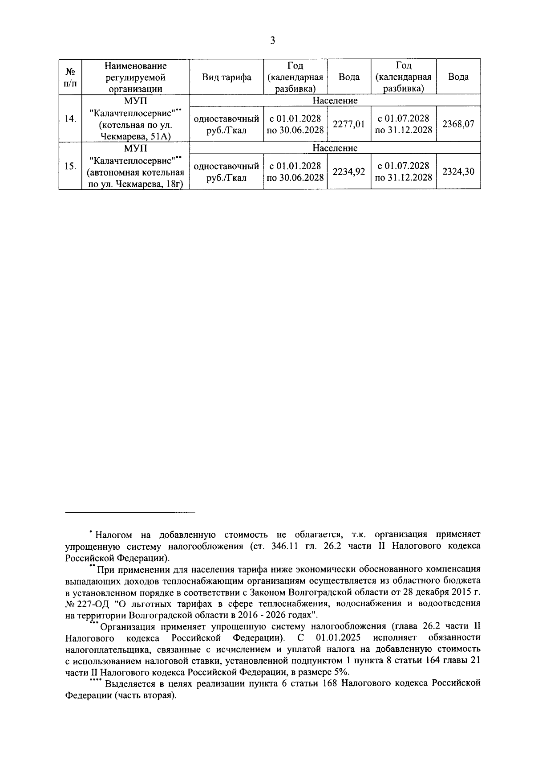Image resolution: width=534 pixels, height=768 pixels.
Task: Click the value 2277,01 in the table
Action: click(x=349, y=124)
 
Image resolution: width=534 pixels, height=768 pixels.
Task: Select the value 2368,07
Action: click(x=458, y=124)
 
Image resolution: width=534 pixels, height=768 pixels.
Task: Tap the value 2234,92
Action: click(x=349, y=172)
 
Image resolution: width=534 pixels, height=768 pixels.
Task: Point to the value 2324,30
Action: click(x=458, y=172)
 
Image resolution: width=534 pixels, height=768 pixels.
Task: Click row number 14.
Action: click(x=70, y=118)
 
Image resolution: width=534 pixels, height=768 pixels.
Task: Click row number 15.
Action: click(x=70, y=166)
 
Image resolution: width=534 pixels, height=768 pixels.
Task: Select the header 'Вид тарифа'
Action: click(x=227, y=77)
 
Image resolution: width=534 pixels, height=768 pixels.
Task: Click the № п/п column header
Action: click(x=70, y=77)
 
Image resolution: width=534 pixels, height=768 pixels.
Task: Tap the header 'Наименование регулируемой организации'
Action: click(x=135, y=77)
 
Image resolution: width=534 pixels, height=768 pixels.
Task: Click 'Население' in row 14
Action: click(x=335, y=100)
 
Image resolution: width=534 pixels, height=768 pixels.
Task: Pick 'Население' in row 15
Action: click(x=335, y=148)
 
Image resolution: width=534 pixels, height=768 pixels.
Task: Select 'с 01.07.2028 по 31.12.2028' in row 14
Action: click(x=403, y=124)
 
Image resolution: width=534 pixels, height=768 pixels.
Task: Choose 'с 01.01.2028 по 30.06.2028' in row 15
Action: click(x=295, y=172)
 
